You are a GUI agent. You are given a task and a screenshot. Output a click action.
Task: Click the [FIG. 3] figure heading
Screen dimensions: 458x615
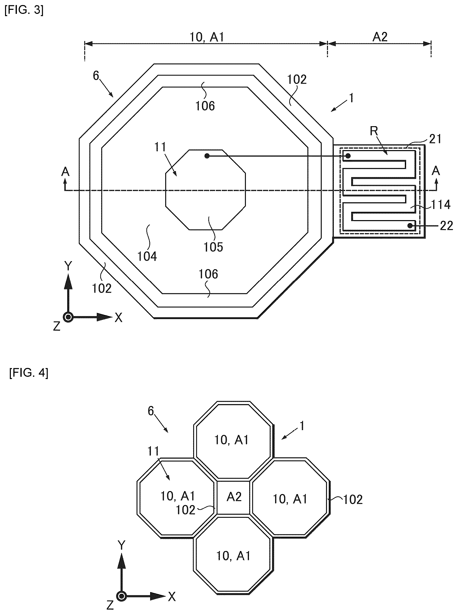24,10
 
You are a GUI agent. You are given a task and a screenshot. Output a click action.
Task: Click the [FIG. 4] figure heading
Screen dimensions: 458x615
29,373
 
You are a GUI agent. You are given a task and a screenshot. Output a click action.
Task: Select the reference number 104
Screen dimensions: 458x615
147,256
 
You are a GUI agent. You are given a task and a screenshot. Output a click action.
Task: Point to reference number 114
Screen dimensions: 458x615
441,205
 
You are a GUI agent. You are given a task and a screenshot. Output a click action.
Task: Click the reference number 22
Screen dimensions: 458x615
446,226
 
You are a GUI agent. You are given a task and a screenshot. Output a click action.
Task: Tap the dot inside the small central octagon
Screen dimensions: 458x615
207,156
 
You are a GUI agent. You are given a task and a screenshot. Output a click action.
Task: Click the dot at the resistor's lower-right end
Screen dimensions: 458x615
410,226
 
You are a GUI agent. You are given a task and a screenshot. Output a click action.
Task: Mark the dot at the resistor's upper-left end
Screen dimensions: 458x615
348,156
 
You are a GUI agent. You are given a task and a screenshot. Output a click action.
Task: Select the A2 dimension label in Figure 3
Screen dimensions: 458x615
380,37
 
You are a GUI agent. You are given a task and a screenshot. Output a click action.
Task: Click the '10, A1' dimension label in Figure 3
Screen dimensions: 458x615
207,37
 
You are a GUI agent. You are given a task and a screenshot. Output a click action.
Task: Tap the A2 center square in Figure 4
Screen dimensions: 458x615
234,497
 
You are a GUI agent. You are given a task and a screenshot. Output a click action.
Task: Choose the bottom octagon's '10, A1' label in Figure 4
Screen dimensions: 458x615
233,556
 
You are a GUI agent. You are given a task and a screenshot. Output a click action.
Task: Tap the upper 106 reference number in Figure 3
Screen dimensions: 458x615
205,106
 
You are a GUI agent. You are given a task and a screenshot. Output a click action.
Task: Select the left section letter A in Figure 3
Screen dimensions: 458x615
65,172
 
